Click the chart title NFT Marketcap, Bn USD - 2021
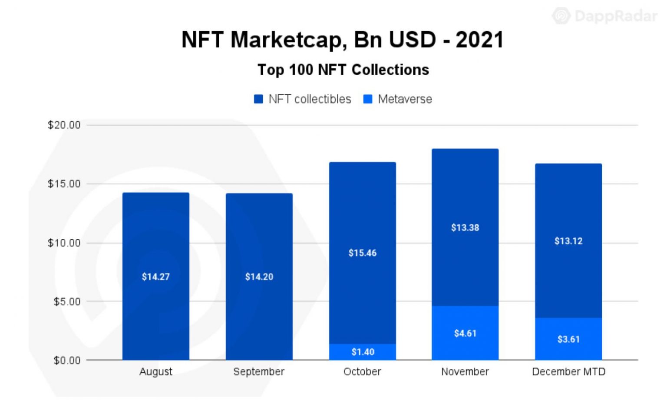tap(343, 40)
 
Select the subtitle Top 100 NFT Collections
tap(343, 70)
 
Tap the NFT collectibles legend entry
tap(303, 99)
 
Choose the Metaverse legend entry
tap(398, 99)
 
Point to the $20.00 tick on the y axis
tap(64, 125)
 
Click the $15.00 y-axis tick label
tap(64, 184)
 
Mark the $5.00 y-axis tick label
tap(67, 301)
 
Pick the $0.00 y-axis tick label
tap(67, 361)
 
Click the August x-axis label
tap(156, 372)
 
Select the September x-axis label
tap(259, 372)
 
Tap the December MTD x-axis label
tap(568, 372)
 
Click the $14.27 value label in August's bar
tap(156, 277)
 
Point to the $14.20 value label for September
tap(259, 277)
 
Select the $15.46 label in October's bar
tap(363, 253)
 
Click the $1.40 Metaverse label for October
tap(363, 352)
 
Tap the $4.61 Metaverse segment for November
tap(465, 333)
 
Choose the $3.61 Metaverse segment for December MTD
tap(568, 339)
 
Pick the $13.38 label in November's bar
tap(465, 228)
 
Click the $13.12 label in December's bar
tap(568, 241)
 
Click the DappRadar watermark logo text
tap(615, 16)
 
